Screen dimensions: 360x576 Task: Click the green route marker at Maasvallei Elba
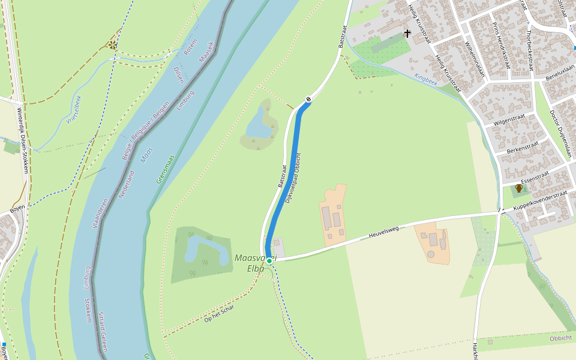269,260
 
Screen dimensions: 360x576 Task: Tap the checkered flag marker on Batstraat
308,100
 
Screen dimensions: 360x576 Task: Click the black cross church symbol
407,34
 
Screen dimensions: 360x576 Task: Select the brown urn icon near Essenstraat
519,188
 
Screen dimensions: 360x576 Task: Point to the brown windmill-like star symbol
112,44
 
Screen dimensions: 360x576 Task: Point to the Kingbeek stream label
425,79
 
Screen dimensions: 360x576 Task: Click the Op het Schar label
219,313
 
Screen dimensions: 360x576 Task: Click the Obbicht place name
561,338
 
